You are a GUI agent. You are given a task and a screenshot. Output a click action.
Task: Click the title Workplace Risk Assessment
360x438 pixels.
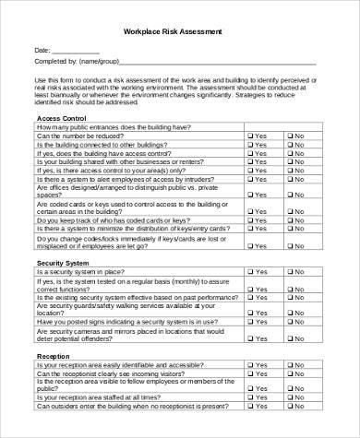coord(179,31)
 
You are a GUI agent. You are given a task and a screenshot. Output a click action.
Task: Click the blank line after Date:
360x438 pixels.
coord(73,52)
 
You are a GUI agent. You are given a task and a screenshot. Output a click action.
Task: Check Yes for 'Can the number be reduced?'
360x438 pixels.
coord(251,136)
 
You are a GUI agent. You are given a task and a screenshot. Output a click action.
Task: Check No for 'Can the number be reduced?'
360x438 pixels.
coord(290,136)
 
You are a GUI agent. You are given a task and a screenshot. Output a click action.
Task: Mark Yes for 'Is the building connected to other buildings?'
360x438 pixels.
coord(251,145)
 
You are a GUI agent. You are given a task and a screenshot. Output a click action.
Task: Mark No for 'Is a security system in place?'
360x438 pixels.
coord(290,273)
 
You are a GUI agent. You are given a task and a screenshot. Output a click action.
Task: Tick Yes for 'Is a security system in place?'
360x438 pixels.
coord(251,273)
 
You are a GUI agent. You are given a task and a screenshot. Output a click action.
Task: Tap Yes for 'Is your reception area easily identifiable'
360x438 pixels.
coord(251,365)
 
